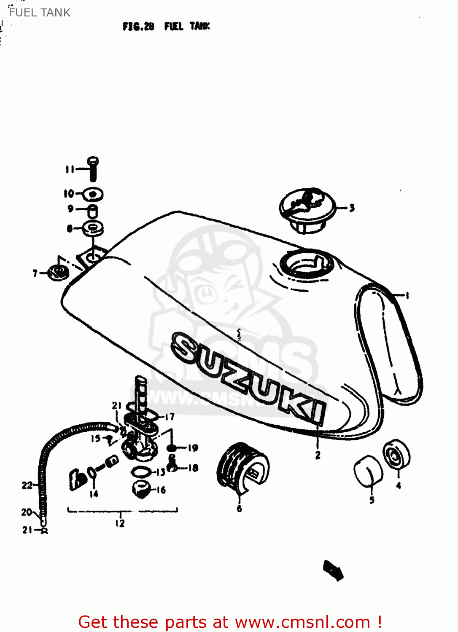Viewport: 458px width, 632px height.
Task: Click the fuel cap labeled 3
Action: pyautogui.click(x=307, y=209)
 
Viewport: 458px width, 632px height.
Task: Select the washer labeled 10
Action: pyautogui.click(x=93, y=194)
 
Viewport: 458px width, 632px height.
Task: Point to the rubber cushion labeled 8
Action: pyautogui.click(x=93, y=228)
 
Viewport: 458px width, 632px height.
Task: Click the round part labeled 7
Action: pyautogui.click(x=58, y=273)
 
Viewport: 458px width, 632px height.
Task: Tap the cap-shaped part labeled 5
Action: pyautogui.click(x=368, y=471)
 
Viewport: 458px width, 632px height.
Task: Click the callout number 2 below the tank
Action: pyautogui.click(x=318, y=455)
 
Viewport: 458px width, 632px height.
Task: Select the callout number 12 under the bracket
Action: pyautogui.click(x=120, y=523)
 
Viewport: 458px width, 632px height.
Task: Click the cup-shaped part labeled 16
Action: pyautogui.click(x=141, y=488)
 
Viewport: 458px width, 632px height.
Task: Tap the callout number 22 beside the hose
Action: pyautogui.click(x=27, y=485)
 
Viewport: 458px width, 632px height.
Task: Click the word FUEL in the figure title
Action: pyautogui.click(x=174, y=27)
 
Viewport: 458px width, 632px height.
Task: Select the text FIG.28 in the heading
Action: pyautogui.click(x=138, y=27)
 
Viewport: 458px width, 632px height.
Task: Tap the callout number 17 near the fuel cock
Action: pyautogui.click(x=170, y=417)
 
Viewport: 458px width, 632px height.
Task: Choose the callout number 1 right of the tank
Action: pyautogui.click(x=407, y=295)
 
